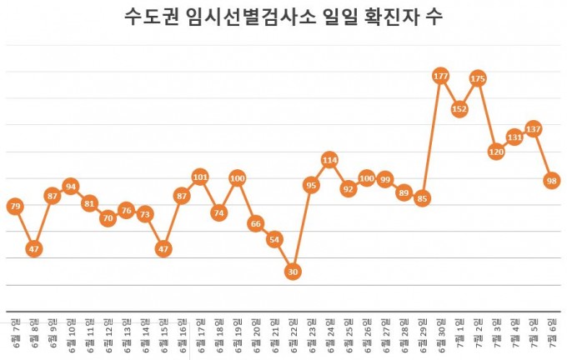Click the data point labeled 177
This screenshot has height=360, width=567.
(440, 76)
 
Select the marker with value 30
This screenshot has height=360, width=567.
(293, 272)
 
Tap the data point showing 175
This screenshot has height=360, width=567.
(478, 78)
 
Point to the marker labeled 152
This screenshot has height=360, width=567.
(459, 108)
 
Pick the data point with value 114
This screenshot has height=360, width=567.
(329, 159)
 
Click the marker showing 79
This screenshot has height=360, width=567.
(15, 205)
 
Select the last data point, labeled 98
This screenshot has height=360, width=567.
(551, 180)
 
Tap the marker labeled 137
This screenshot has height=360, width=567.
(533, 128)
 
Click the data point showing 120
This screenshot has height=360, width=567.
(496, 152)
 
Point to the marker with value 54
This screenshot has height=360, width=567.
(274, 239)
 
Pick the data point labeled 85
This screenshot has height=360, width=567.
(422, 198)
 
